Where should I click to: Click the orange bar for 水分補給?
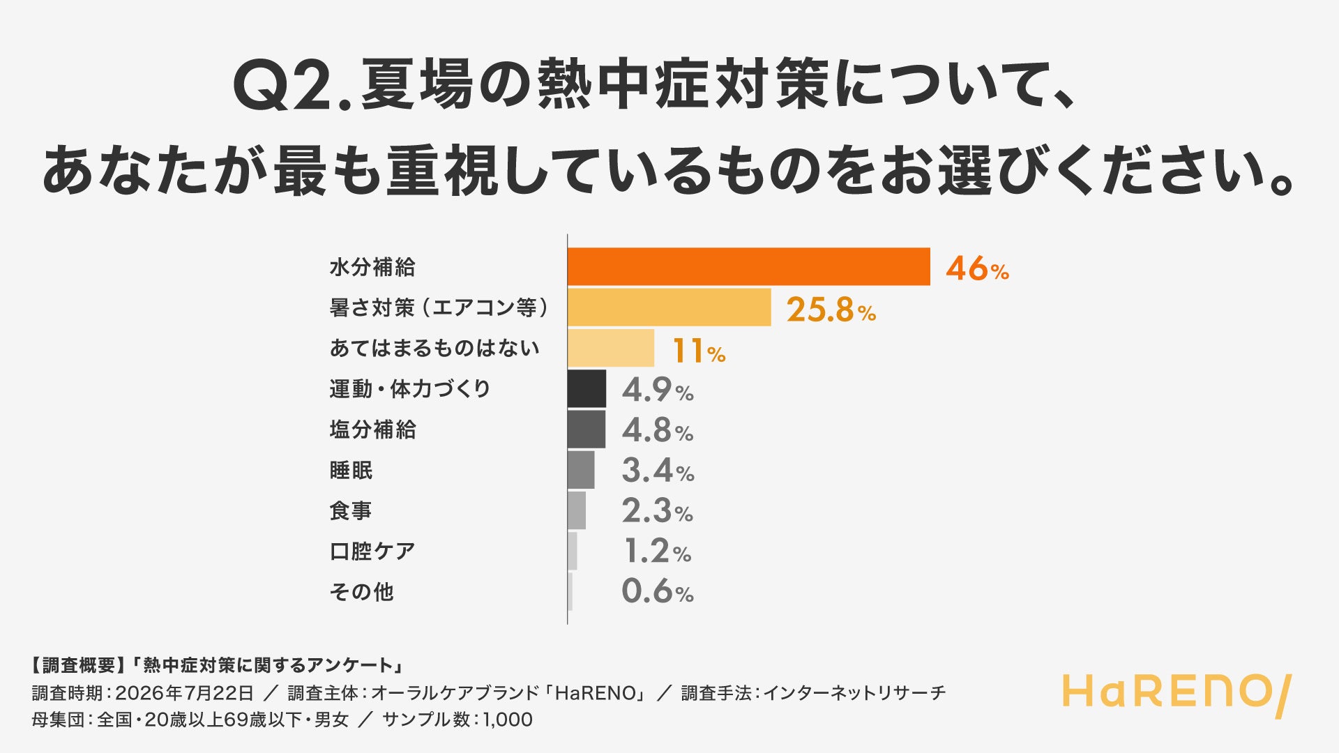click(749, 266)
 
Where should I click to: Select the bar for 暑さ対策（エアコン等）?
click(669, 307)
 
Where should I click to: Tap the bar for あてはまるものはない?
click(611, 348)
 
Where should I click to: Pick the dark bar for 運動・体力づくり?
click(587, 388)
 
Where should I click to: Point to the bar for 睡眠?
click(581, 470)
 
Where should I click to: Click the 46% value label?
click(977, 268)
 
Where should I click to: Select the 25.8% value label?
click(831, 310)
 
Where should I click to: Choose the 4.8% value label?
click(658, 430)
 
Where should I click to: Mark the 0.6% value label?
click(658, 592)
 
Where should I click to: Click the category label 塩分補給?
click(372, 429)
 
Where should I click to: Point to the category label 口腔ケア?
click(372, 552)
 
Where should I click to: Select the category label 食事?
click(351, 511)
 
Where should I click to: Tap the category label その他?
click(361, 592)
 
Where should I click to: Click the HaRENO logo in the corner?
click(1177, 695)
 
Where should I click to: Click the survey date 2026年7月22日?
click(184, 693)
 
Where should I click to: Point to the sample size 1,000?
click(507, 720)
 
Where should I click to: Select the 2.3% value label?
click(658, 511)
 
